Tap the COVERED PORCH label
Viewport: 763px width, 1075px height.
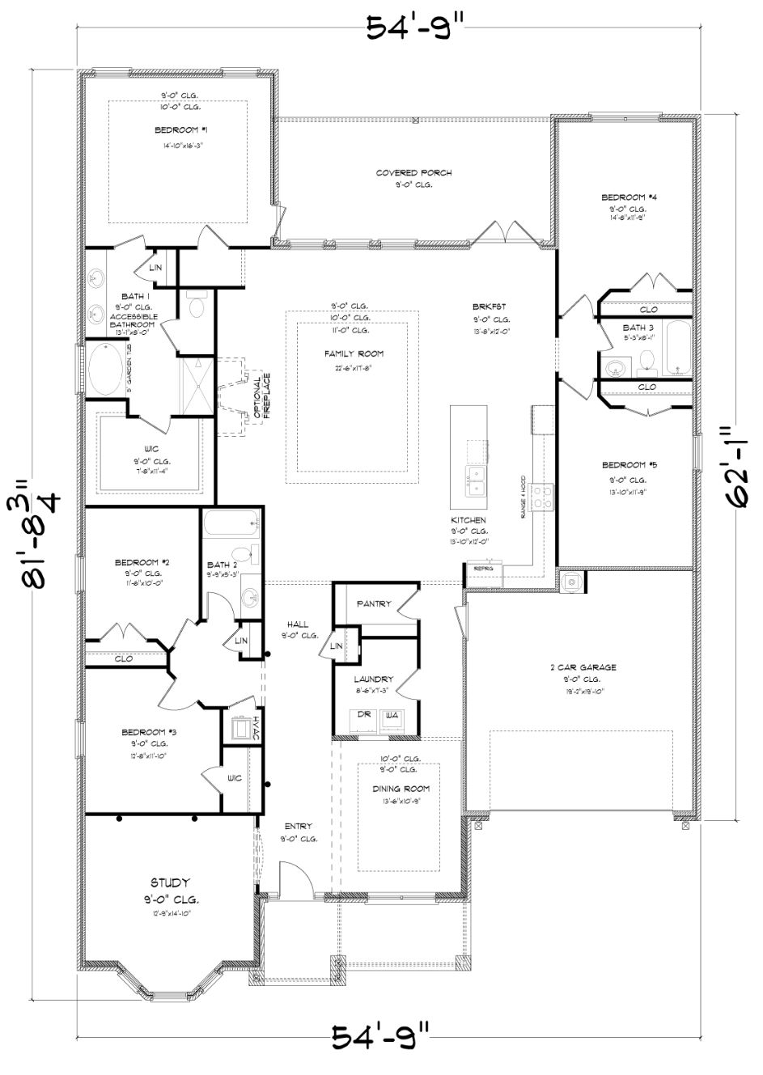pyautogui.click(x=413, y=173)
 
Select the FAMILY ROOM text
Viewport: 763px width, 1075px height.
pyautogui.click(x=354, y=353)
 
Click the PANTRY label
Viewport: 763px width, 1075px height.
pyautogui.click(x=373, y=604)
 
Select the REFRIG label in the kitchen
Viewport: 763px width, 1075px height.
pyautogui.click(x=483, y=569)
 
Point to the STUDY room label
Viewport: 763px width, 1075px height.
pyautogui.click(x=170, y=882)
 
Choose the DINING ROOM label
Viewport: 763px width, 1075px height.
pyautogui.click(x=401, y=789)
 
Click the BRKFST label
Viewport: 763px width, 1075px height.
pyautogui.click(x=490, y=307)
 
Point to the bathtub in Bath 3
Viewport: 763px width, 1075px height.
pyautogui.click(x=676, y=348)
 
